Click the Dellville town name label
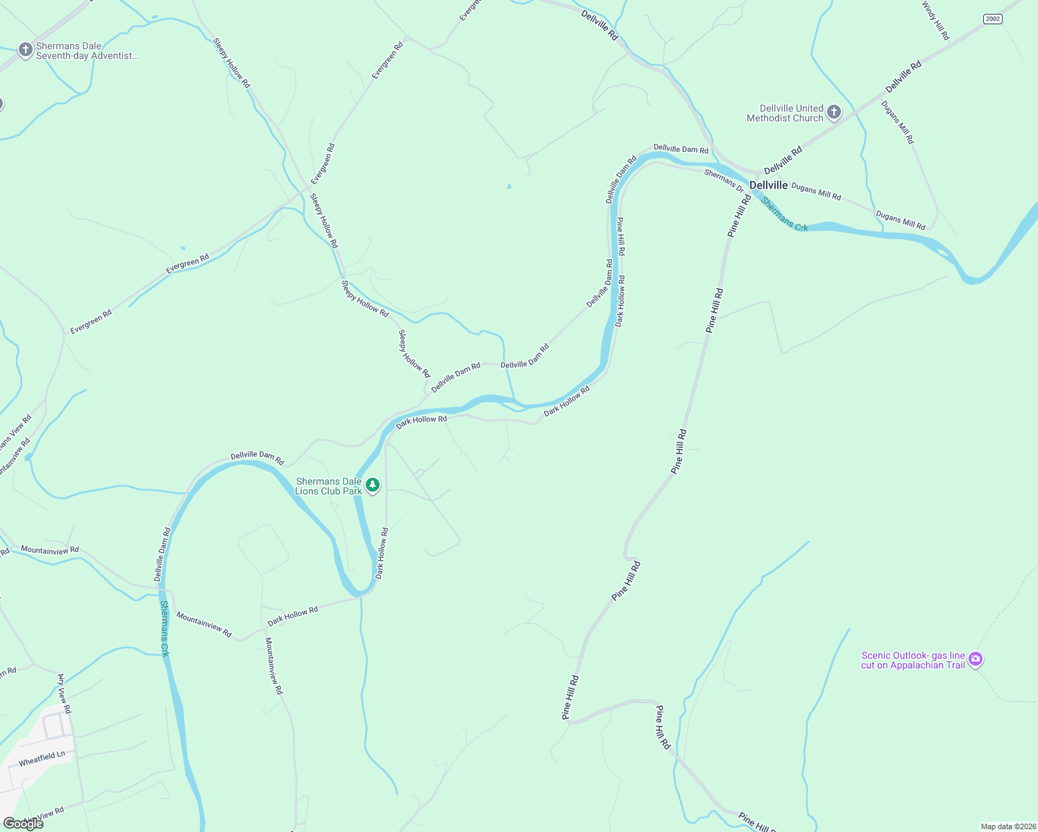(x=769, y=185)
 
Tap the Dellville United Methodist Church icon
(x=834, y=112)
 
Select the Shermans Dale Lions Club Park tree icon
(x=373, y=485)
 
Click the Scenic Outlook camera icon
(x=976, y=659)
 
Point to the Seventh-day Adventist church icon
(x=26, y=50)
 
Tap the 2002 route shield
(x=993, y=19)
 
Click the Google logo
(x=23, y=823)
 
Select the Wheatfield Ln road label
(x=42, y=759)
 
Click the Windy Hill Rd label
(x=935, y=21)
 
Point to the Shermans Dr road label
(x=724, y=180)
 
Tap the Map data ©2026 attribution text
(x=1007, y=826)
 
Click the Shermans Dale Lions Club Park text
(x=328, y=486)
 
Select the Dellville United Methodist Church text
(x=785, y=113)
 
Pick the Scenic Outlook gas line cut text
(x=912, y=660)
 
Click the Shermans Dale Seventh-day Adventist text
(x=87, y=51)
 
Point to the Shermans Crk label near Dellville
(x=784, y=214)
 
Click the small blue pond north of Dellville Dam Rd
(x=509, y=186)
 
